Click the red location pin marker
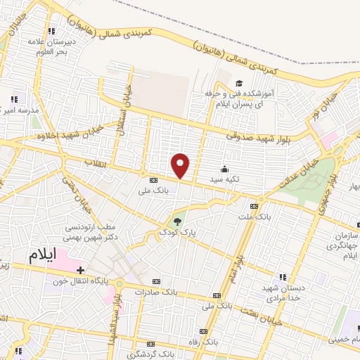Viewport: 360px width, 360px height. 181,166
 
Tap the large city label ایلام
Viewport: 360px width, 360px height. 42,256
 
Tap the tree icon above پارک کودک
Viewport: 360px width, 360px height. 176,221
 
